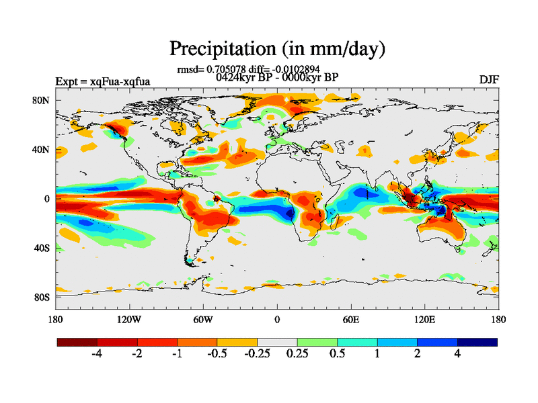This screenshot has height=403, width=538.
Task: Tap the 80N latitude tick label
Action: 42,100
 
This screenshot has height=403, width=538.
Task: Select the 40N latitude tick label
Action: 42,149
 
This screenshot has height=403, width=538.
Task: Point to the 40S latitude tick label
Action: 42,248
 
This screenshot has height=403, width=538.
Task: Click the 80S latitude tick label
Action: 42,297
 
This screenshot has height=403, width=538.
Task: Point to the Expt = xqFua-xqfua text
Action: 103,82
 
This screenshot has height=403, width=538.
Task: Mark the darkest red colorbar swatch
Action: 77,342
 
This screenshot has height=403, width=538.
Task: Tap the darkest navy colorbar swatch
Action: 477,342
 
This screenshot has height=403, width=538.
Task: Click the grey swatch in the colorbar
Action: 278,342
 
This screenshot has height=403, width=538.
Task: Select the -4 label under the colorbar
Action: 96,355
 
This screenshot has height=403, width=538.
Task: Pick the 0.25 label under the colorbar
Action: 297,355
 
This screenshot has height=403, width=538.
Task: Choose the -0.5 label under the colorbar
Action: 217,355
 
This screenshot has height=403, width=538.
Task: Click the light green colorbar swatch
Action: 317,342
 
